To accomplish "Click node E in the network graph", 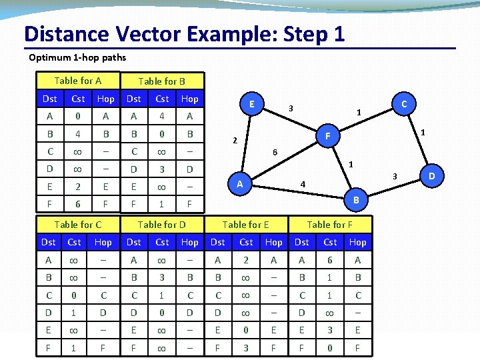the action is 251,104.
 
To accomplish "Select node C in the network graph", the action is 403,103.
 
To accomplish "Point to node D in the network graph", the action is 431,177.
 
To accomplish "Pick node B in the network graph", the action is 356,199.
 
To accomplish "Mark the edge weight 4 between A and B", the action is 303,184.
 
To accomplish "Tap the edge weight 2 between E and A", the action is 234,141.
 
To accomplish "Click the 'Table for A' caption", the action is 78,81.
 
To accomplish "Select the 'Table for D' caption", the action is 161,225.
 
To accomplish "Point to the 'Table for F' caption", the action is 329,225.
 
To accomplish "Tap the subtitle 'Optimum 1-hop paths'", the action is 77,57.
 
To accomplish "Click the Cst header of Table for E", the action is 246,242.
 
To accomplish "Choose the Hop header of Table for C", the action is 103,242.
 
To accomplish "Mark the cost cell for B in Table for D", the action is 162,277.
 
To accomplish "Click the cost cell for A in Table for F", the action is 330,259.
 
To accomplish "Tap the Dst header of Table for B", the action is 134,99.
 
